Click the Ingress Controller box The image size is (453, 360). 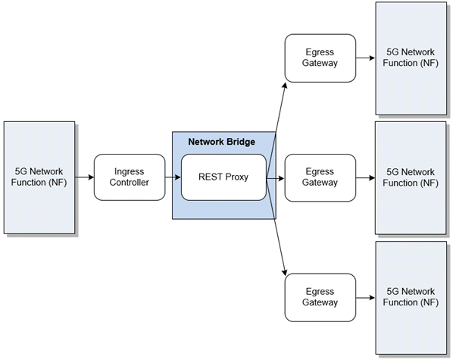point(129,177)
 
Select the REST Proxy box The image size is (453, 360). point(223,177)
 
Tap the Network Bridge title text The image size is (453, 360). point(221,142)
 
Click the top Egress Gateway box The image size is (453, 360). point(320,58)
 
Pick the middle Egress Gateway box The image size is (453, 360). point(320,177)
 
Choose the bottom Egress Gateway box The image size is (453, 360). point(320,297)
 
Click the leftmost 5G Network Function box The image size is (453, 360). point(39,177)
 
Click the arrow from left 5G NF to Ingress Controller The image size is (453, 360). point(84,177)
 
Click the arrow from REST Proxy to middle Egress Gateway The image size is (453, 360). point(276,178)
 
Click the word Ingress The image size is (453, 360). point(129,172)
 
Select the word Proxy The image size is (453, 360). point(239,177)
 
